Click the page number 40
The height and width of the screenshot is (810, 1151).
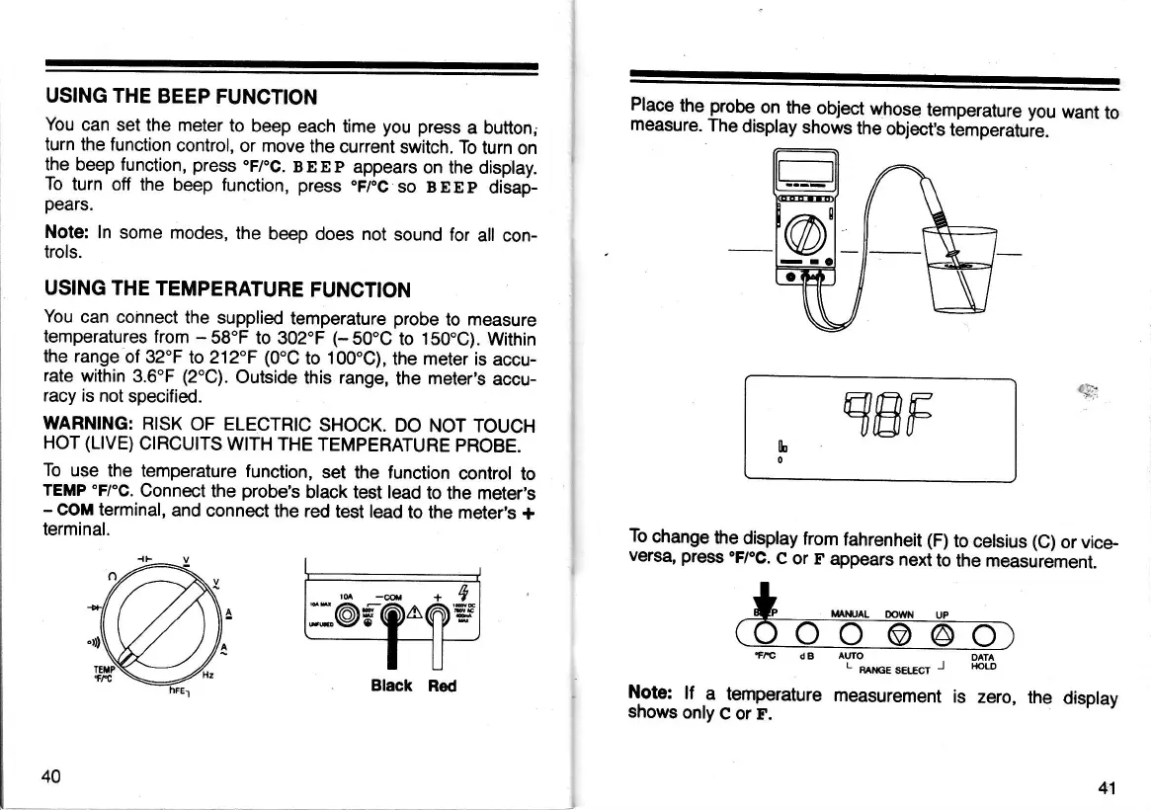pyautogui.click(x=51, y=775)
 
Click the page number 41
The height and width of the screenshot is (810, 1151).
pyautogui.click(x=1107, y=787)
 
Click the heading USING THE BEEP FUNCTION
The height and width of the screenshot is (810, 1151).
pyautogui.click(x=181, y=97)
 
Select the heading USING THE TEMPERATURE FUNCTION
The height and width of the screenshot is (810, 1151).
pyautogui.click(x=227, y=289)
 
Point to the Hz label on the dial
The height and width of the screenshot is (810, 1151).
pyautogui.click(x=208, y=675)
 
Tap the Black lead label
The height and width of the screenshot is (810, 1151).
pyautogui.click(x=391, y=686)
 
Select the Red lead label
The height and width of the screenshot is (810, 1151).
pyautogui.click(x=443, y=686)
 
